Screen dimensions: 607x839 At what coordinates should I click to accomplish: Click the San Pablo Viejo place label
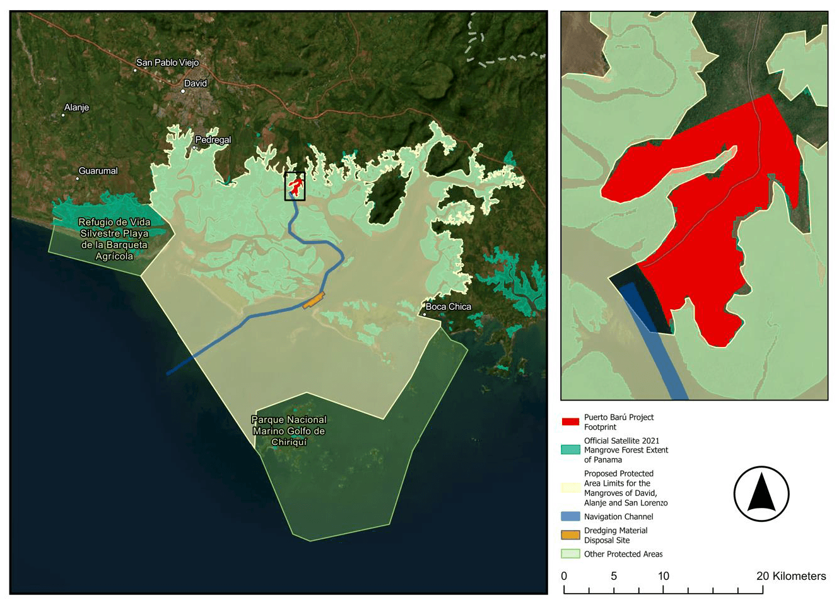click(167, 62)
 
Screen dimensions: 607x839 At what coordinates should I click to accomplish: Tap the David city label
click(195, 83)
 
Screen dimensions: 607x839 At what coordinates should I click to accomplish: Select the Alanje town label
click(76, 107)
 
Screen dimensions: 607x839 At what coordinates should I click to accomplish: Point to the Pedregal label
click(213, 139)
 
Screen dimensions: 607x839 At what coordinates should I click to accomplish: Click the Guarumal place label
click(98, 171)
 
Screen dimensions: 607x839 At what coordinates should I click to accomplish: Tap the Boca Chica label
click(448, 307)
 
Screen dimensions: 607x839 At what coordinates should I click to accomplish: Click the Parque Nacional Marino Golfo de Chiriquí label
click(289, 430)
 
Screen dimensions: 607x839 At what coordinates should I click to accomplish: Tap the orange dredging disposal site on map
click(314, 301)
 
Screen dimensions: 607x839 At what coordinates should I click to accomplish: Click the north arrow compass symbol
click(761, 493)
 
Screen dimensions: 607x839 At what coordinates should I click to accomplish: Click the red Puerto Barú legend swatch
click(570, 421)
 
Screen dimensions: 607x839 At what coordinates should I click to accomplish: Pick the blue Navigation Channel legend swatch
click(570, 516)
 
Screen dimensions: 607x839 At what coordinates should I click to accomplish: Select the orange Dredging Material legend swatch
click(570, 535)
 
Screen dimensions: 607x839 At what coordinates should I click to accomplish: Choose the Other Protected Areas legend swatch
click(570, 554)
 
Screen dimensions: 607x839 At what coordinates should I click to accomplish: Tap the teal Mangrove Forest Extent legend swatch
click(570, 450)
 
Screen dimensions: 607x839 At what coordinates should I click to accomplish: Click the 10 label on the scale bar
click(663, 576)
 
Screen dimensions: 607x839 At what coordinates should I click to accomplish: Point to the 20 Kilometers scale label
click(791, 576)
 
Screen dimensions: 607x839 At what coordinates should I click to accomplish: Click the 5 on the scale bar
click(613, 576)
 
